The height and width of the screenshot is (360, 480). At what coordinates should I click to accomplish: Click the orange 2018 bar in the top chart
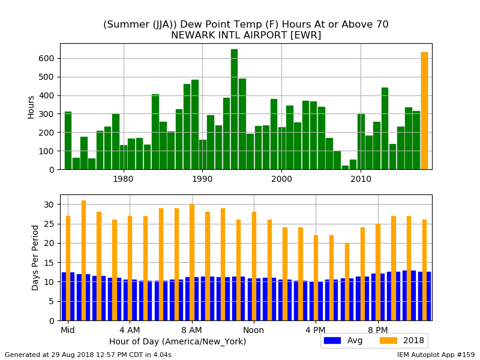[424, 111]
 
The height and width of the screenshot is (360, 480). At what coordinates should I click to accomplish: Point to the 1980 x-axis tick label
[124, 179]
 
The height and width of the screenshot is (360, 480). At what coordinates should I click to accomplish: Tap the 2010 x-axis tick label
[361, 179]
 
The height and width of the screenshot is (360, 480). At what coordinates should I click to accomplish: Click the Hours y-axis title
[31, 107]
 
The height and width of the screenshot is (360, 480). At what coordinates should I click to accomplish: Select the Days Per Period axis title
[35, 257]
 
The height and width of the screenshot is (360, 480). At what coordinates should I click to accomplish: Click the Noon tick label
[253, 330]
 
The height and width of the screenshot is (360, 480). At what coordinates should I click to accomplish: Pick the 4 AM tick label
[130, 330]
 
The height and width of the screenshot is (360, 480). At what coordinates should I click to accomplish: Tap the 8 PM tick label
[378, 330]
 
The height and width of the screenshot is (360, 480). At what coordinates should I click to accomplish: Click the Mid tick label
[67, 330]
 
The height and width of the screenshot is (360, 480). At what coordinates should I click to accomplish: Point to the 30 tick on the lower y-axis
[49, 205]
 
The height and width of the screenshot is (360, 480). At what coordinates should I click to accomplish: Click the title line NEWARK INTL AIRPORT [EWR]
[246, 35]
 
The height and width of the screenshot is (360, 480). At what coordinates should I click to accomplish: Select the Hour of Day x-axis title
[178, 341]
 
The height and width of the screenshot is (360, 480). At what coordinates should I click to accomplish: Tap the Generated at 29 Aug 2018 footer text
[88, 355]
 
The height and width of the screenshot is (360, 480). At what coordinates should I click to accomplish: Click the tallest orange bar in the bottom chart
[83, 260]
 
